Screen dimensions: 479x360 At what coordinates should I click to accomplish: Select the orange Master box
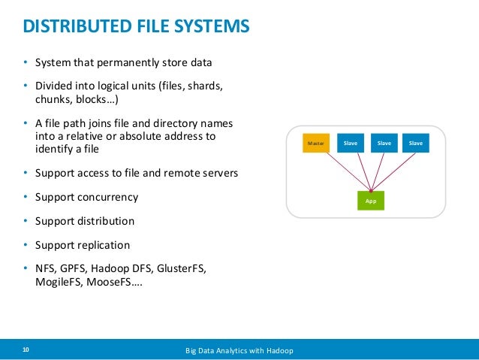pos(316,143)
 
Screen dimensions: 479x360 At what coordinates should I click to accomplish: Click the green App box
pos(371,201)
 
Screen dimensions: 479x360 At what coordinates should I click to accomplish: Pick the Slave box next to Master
pos(351,143)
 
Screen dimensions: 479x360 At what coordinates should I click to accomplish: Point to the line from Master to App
pos(348,171)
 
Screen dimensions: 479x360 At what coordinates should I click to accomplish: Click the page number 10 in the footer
pos(26,349)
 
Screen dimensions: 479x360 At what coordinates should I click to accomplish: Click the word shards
pos(205,86)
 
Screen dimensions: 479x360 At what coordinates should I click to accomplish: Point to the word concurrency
pos(108,197)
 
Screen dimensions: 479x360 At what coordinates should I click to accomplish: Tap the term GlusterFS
pos(182,268)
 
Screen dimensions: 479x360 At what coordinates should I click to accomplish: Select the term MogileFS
pos(59,282)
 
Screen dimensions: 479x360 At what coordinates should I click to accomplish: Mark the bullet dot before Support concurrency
pos(26,197)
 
